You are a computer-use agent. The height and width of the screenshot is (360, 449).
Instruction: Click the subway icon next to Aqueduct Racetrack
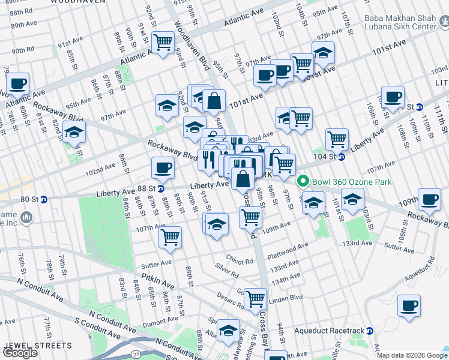tap(370, 331)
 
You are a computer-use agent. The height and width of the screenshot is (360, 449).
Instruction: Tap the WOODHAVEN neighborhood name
tap(87, 2)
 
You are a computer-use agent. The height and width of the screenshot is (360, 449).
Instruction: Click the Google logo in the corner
tap(20, 353)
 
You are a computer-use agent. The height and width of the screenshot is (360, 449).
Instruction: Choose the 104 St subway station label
tap(327, 157)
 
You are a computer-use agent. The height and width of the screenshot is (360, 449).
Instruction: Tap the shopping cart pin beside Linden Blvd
tap(256, 297)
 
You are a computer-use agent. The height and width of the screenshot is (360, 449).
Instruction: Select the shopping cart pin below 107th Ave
tap(170, 236)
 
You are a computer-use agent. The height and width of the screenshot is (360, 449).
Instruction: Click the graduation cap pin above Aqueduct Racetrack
tap(228, 330)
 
